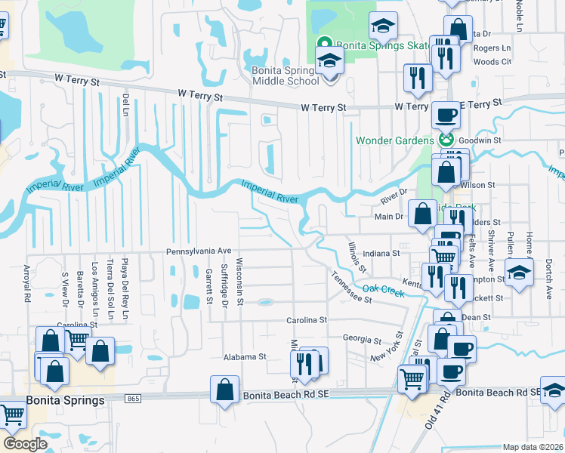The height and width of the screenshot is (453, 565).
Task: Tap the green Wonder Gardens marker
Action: pos(446,140)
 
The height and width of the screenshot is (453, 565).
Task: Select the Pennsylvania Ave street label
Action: pos(199,251)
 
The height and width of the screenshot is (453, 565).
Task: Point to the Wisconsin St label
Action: pos(239,281)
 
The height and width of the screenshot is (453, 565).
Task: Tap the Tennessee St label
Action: pos(351,287)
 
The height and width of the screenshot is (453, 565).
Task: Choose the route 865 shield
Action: pos(134,398)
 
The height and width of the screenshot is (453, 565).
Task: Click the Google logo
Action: pos(25,444)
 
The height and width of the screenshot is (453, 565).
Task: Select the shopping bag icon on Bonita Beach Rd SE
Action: pos(225,390)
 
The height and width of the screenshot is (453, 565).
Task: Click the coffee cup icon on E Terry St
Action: pos(446,116)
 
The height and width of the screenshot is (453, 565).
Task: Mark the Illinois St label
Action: pos(358,257)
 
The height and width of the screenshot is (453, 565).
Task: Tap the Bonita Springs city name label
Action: pos(66,400)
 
